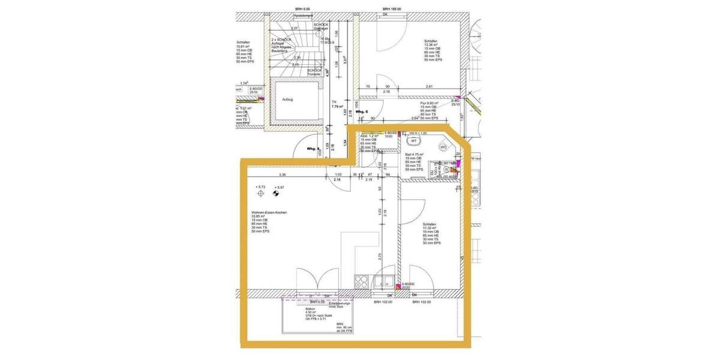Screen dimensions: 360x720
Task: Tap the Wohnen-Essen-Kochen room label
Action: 265,213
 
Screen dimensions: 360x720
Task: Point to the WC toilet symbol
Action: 444,146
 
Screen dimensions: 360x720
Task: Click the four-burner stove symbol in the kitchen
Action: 362,280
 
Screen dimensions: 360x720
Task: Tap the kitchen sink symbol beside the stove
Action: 382,280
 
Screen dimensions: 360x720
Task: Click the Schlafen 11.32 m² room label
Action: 431,224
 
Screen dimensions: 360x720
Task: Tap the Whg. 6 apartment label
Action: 361,112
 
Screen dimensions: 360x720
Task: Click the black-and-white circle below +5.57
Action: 277,194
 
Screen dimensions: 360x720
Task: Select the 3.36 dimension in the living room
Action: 282,175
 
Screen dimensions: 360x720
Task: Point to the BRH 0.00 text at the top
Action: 302,9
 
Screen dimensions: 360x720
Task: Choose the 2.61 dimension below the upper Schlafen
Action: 430,87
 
